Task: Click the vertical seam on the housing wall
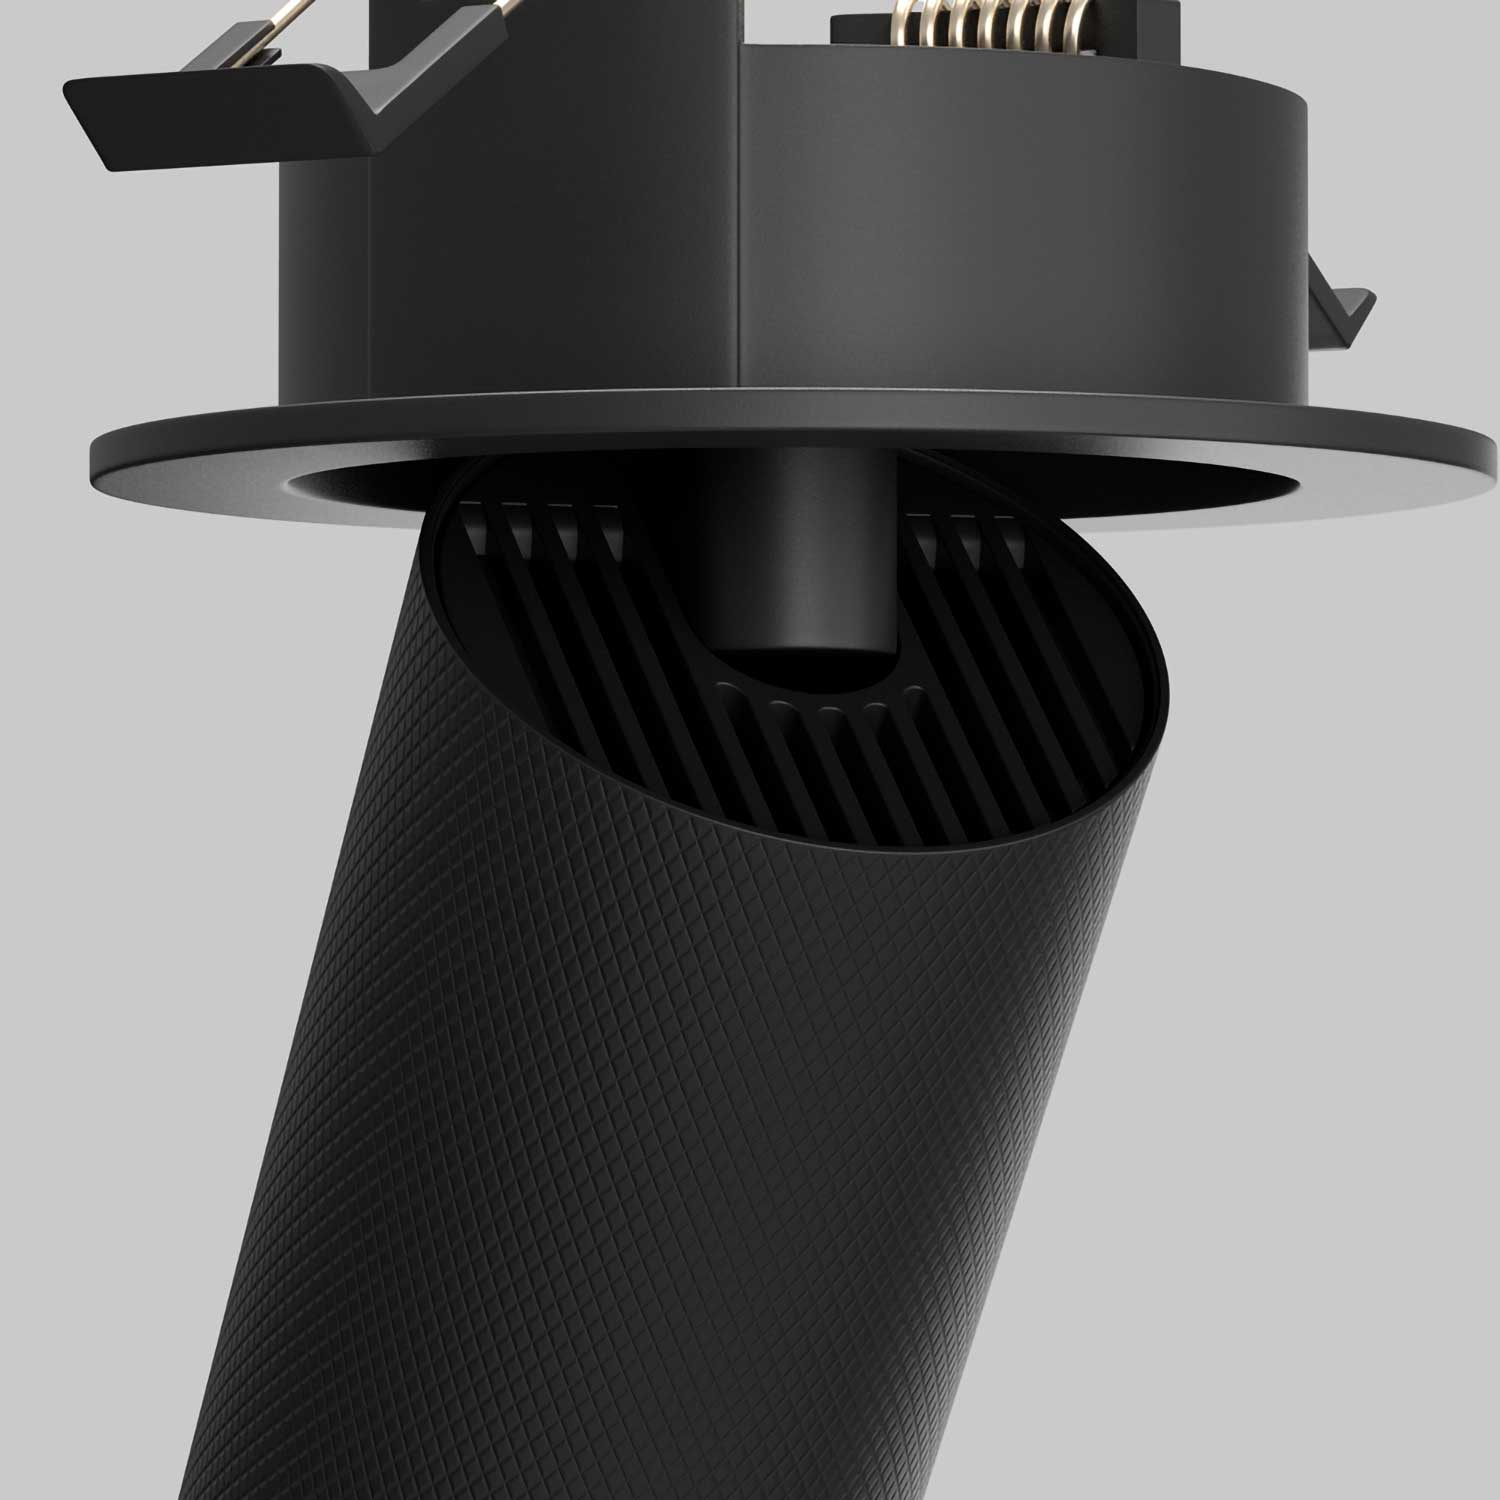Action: pos(739,220)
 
